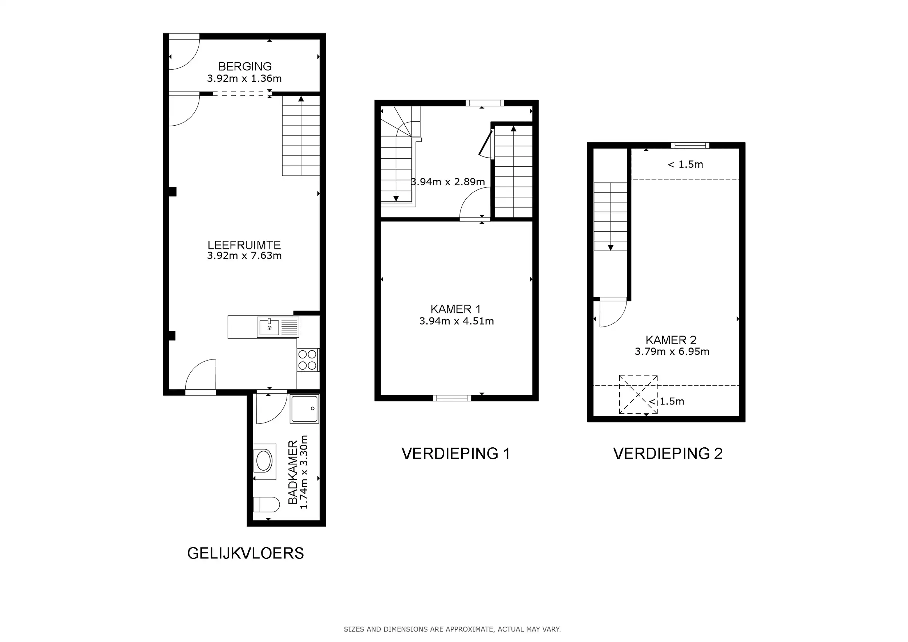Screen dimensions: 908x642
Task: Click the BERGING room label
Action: pos(245,66)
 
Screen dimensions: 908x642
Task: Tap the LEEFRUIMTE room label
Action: pos(244,245)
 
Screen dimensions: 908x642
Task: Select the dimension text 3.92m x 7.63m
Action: pos(244,256)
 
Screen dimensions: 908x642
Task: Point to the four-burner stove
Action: pos(308,360)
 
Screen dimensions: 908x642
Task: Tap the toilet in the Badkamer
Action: pos(266,504)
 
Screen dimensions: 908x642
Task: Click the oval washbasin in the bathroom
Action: pos(264,461)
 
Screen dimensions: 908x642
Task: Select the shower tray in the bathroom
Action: pos(304,409)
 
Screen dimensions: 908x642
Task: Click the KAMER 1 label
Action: pos(455,309)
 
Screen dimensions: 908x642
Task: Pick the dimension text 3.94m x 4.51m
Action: pos(457,321)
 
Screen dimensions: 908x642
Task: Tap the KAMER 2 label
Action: pos(671,340)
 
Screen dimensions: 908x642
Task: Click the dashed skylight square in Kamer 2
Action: pos(638,394)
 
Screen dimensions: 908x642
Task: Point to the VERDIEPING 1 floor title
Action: pos(455,454)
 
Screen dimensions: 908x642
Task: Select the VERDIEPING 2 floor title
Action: pos(668,454)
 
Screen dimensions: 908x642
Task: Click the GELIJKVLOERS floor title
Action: pos(246,553)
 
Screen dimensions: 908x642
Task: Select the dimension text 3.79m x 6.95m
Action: pos(672,352)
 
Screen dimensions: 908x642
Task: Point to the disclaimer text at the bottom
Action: pos(453,629)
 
